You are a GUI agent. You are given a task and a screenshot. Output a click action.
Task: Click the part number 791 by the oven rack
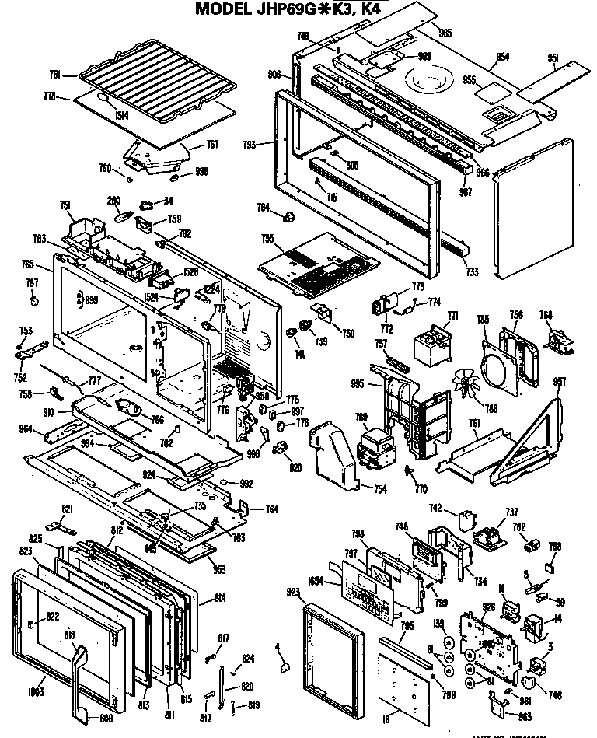click(x=54, y=75)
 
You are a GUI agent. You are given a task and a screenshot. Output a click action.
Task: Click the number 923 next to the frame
click(x=293, y=592)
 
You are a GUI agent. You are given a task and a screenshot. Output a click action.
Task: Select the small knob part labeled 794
click(x=288, y=215)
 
